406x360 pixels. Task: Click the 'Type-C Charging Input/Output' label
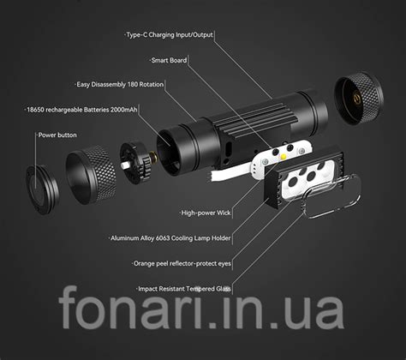click(x=170, y=35)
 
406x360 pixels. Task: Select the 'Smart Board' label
click(x=169, y=60)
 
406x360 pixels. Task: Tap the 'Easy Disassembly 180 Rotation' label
click(x=120, y=85)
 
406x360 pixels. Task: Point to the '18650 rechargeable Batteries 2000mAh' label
click(x=81, y=110)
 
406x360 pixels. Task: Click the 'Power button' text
click(x=57, y=135)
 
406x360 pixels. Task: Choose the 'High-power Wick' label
click(x=206, y=213)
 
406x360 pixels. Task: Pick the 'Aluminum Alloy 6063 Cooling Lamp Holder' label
click(x=170, y=238)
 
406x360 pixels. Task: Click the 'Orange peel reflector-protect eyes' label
click(x=182, y=263)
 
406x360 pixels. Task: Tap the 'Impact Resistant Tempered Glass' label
click(x=184, y=289)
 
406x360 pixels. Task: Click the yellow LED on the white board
click(x=284, y=157)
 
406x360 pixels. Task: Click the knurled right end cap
click(x=359, y=98)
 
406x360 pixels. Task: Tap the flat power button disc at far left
click(x=41, y=189)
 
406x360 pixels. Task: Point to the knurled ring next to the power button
click(x=91, y=175)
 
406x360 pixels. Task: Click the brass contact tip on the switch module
click(x=153, y=157)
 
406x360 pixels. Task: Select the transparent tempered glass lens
click(x=331, y=196)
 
